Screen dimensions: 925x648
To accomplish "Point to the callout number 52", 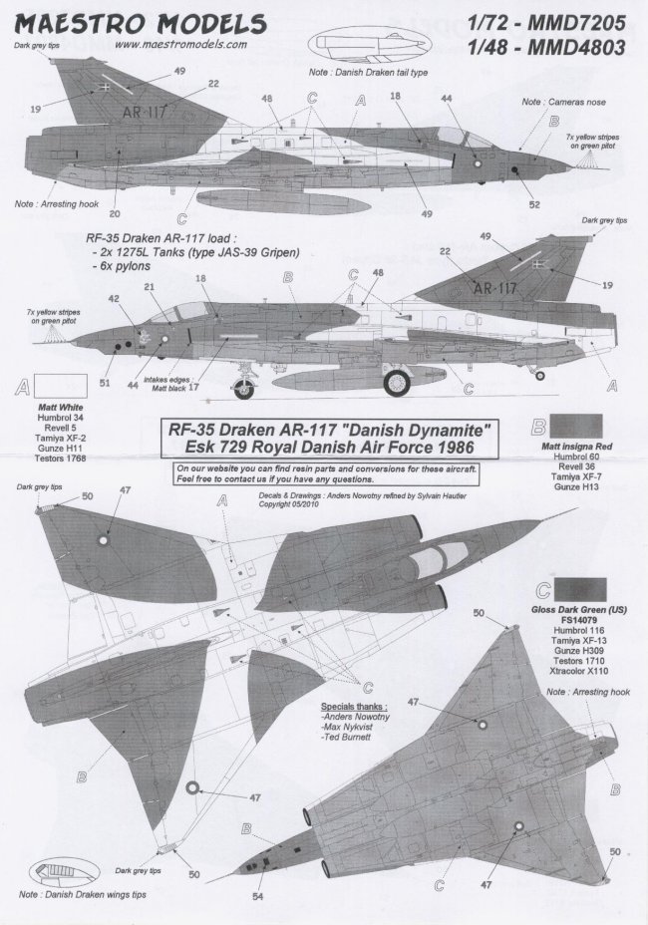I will coord(534,204).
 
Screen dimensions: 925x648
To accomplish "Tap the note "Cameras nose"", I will coord(554,103).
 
